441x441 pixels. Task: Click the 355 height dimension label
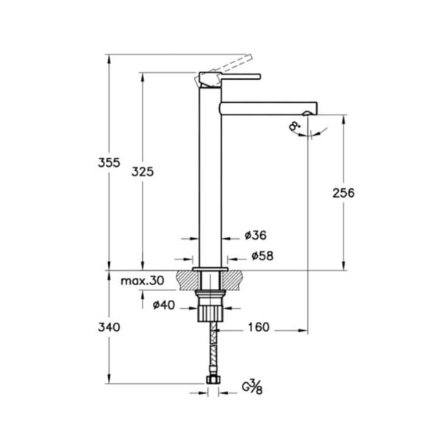(x=109, y=164)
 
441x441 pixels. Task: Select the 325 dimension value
(x=143, y=171)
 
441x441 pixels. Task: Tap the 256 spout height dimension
(x=343, y=193)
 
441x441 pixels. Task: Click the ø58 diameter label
(x=262, y=256)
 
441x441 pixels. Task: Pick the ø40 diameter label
(x=163, y=305)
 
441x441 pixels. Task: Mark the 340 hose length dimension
(x=109, y=326)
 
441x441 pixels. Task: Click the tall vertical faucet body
(x=211, y=176)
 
